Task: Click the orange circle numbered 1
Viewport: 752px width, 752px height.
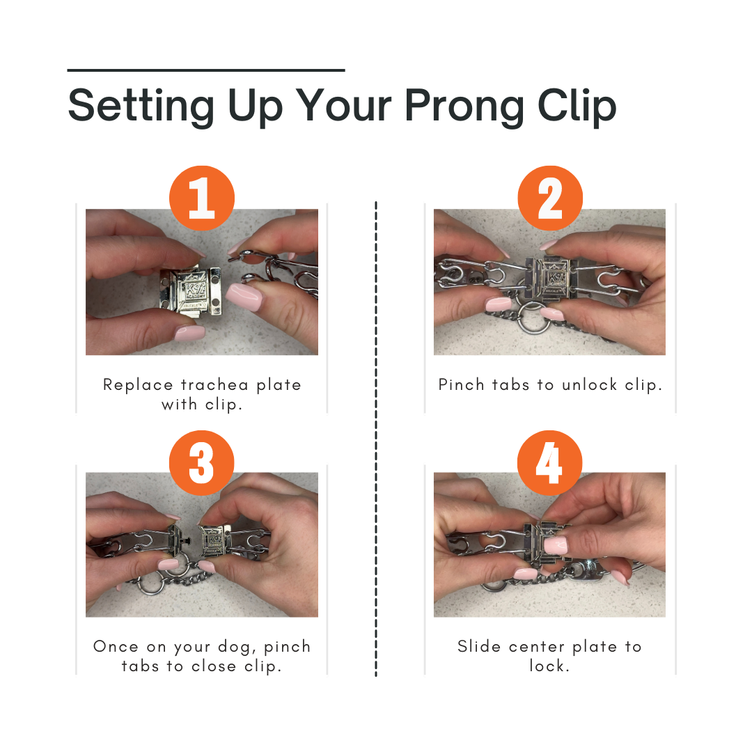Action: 202,198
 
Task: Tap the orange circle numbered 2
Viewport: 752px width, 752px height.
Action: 549,198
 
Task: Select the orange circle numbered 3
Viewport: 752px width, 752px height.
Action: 202,462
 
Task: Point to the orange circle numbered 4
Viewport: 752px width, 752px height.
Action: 549,462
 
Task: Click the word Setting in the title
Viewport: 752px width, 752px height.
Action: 141,106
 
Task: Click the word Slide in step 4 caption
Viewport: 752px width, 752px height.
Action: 480,647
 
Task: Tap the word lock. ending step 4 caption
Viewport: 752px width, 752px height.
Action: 549,666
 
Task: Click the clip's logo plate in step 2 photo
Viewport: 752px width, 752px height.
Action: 553,280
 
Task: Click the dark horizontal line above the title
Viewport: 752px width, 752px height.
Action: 206,70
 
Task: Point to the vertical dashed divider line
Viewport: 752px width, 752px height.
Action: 376,439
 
